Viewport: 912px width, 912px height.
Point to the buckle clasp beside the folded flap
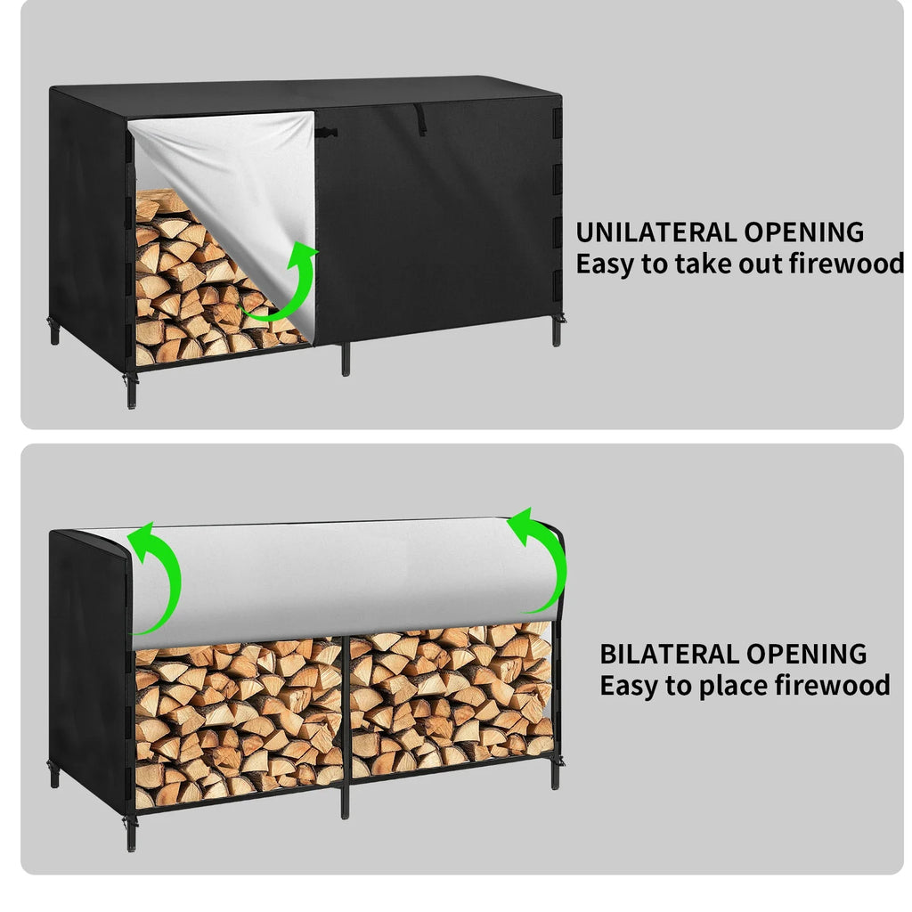(x=326, y=134)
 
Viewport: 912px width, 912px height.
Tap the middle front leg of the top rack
(x=346, y=358)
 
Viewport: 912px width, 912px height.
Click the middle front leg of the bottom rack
(x=345, y=801)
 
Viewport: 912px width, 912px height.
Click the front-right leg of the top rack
(x=557, y=330)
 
